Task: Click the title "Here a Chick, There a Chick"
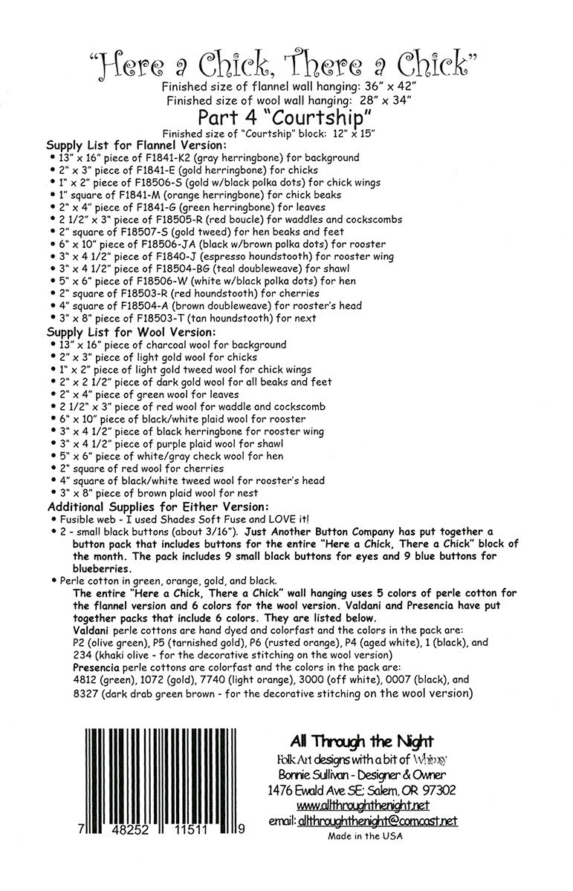point(286,68)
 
